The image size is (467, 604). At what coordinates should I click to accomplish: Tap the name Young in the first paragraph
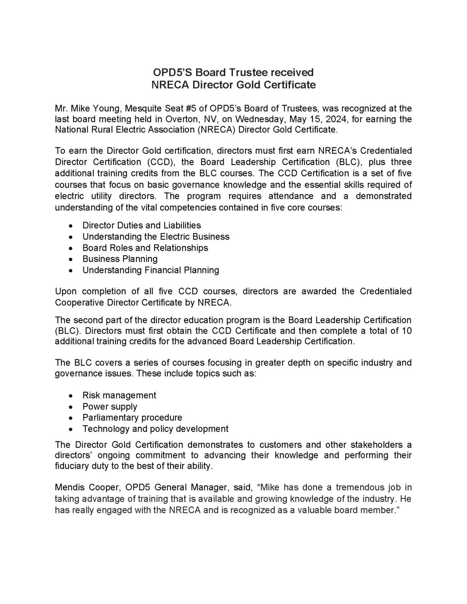click(105, 109)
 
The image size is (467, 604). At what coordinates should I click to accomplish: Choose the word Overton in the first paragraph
click(180, 119)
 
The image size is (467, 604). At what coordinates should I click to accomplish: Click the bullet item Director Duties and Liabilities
click(142, 225)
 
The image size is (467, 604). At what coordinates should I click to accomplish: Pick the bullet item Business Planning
click(120, 259)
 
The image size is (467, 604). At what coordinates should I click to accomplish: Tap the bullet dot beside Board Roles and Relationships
click(70, 248)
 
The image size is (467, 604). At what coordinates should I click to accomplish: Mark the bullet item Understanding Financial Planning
click(151, 270)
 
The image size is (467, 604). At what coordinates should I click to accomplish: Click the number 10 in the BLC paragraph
click(407, 331)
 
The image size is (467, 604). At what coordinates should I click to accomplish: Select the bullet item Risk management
click(119, 395)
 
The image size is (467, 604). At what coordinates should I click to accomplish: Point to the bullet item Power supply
click(110, 407)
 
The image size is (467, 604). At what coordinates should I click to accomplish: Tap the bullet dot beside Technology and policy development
click(70, 429)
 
